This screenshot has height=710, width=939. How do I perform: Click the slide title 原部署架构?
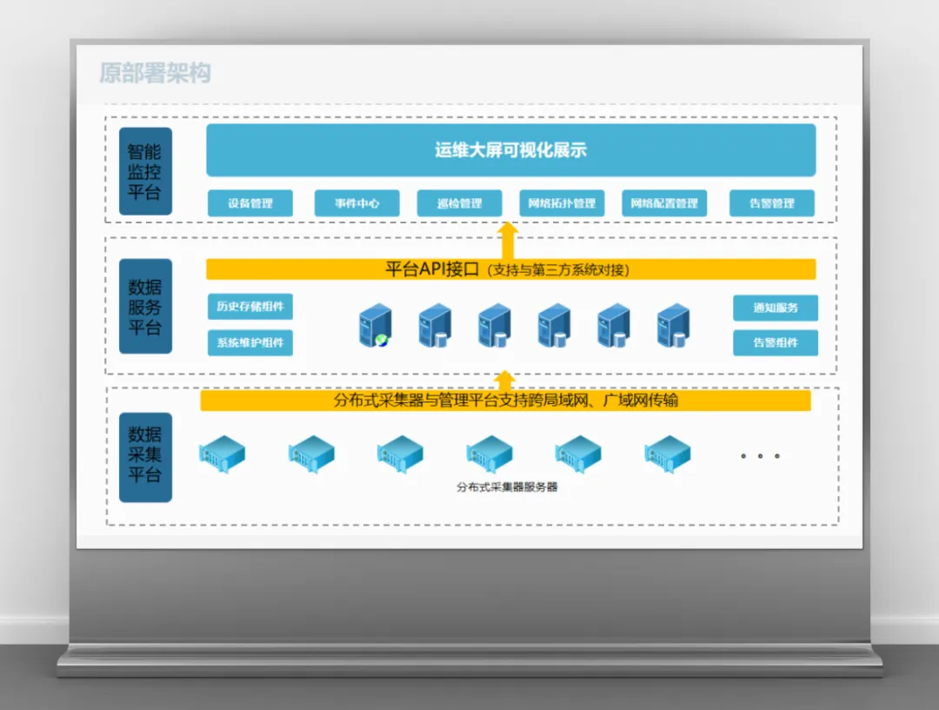155,73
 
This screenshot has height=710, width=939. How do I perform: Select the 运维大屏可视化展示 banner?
510,150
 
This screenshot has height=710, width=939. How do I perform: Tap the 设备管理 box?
250,203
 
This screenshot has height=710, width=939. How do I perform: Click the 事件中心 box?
356,203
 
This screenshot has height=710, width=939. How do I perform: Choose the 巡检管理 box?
460,203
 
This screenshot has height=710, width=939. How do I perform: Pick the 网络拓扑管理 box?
563,203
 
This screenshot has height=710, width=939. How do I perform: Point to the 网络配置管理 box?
664,203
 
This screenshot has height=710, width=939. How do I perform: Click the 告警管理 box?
772,203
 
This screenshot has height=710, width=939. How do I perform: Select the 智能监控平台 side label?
145,171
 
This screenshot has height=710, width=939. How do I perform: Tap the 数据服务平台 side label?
145,307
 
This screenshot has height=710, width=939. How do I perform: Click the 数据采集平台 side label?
145,455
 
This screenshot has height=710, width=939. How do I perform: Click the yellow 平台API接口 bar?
510,269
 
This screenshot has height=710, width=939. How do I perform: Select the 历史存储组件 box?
250,307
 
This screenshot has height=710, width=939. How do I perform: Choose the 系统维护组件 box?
250,342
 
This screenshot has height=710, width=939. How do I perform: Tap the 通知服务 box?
776,308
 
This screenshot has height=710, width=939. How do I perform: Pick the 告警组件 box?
776,342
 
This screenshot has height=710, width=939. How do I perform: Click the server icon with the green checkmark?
376,327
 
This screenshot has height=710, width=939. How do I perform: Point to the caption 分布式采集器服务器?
507,488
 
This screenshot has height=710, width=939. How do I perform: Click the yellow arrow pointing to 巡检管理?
509,240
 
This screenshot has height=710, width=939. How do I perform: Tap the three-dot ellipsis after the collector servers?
760,455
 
